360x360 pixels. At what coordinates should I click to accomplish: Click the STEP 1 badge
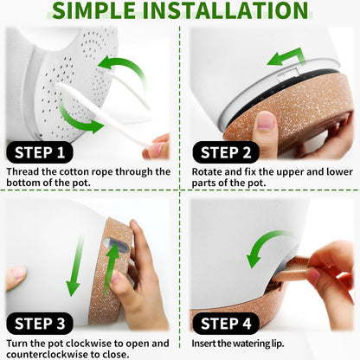(40, 152)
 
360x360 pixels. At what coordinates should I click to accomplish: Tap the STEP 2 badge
(226, 152)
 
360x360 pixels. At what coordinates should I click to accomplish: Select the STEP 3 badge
(40, 324)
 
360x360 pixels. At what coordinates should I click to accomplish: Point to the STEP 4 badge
(226, 324)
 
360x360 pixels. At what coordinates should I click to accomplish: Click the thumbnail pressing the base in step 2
(266, 119)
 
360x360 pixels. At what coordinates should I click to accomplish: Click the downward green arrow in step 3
(75, 266)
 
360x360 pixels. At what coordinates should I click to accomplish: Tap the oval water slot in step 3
(117, 246)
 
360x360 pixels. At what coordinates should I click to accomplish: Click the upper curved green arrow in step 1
(124, 69)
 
